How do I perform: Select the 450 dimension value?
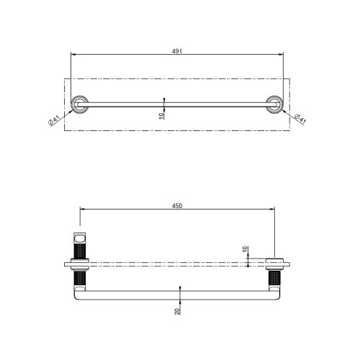(176, 205)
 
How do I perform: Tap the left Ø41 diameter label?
(55, 117)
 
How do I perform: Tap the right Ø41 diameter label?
(298, 117)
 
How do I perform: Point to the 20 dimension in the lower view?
(177, 310)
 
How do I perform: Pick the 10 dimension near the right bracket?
(246, 250)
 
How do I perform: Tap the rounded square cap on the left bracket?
(78, 238)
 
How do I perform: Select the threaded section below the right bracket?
(274, 276)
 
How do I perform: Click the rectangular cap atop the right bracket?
(274, 261)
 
